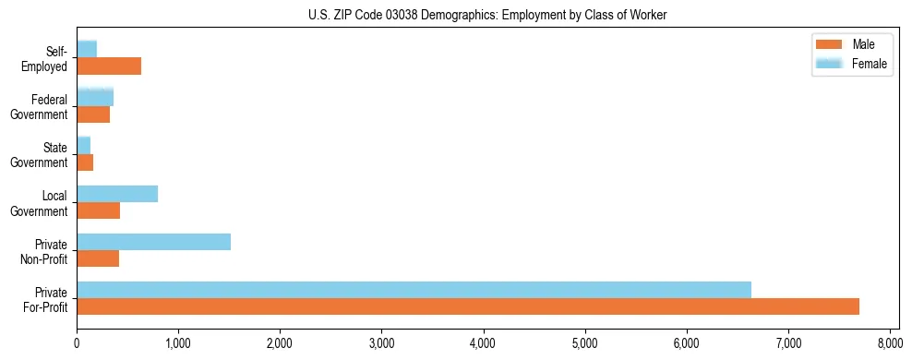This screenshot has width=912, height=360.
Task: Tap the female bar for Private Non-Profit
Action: (x=153, y=242)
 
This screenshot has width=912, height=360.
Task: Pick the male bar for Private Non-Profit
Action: (x=98, y=258)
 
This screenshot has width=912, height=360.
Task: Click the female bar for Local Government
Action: (x=117, y=194)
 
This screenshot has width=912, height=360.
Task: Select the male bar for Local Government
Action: (x=98, y=210)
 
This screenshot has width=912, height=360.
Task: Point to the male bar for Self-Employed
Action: (x=109, y=66)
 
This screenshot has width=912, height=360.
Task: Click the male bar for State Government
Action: (x=85, y=162)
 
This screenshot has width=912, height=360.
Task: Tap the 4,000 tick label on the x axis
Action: (x=483, y=343)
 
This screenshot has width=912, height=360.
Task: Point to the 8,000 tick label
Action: (x=889, y=343)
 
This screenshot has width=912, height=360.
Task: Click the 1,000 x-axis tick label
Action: (x=178, y=343)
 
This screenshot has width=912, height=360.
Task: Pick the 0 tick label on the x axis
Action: (x=77, y=343)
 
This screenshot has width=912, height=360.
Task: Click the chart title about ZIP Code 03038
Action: (x=487, y=15)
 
